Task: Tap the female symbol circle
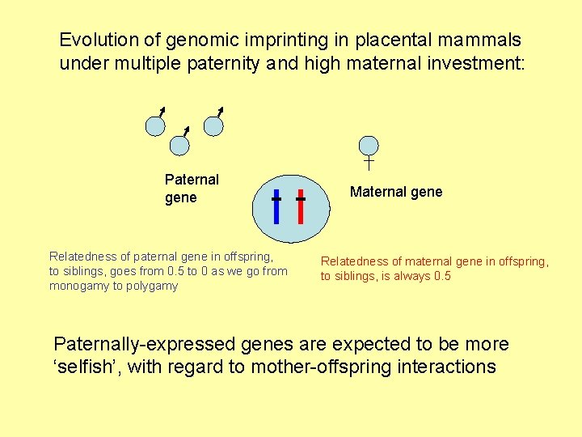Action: [x=369, y=146]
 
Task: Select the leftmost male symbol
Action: [x=155, y=125]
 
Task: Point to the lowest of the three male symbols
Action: [x=179, y=144]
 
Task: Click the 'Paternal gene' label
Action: [x=192, y=189]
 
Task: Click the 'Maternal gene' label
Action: [x=396, y=192]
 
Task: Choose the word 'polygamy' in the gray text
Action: [x=151, y=286]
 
